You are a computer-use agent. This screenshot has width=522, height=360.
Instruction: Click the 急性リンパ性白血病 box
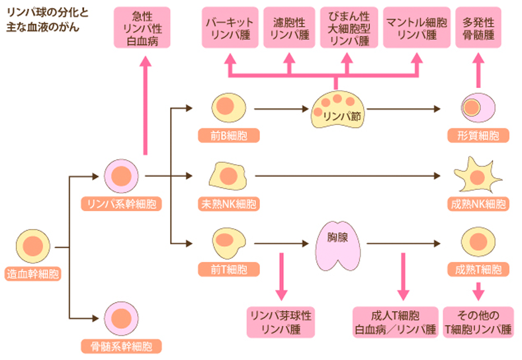click(x=142, y=28)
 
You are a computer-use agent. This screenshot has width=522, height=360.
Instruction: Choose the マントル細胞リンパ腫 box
click(x=415, y=28)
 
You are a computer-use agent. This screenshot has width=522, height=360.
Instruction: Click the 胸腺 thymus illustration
click(x=337, y=244)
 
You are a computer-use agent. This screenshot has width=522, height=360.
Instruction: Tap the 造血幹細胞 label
click(x=32, y=272)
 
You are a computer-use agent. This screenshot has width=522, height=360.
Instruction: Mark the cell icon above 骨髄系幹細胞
click(x=120, y=317)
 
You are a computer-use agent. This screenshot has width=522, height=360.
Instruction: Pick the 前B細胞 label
click(x=228, y=136)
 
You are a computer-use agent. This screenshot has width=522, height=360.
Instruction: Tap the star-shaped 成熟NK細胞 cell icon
click(x=478, y=175)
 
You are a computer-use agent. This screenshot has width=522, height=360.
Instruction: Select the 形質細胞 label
click(x=478, y=136)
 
